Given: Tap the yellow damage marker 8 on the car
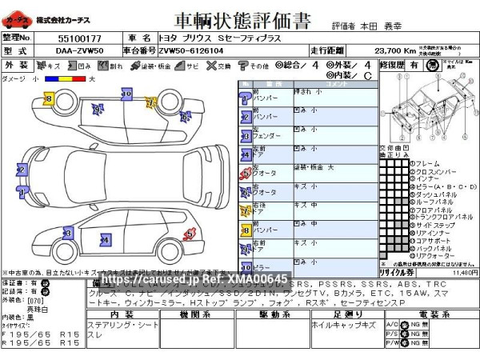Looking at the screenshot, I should (48, 98).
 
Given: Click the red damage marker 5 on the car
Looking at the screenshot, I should (190, 234).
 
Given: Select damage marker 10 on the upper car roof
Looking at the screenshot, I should (126, 94).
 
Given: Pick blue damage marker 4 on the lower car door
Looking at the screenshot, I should (104, 238).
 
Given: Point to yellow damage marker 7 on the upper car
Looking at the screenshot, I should (150, 102).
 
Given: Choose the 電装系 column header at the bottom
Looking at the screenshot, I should (429, 314).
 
